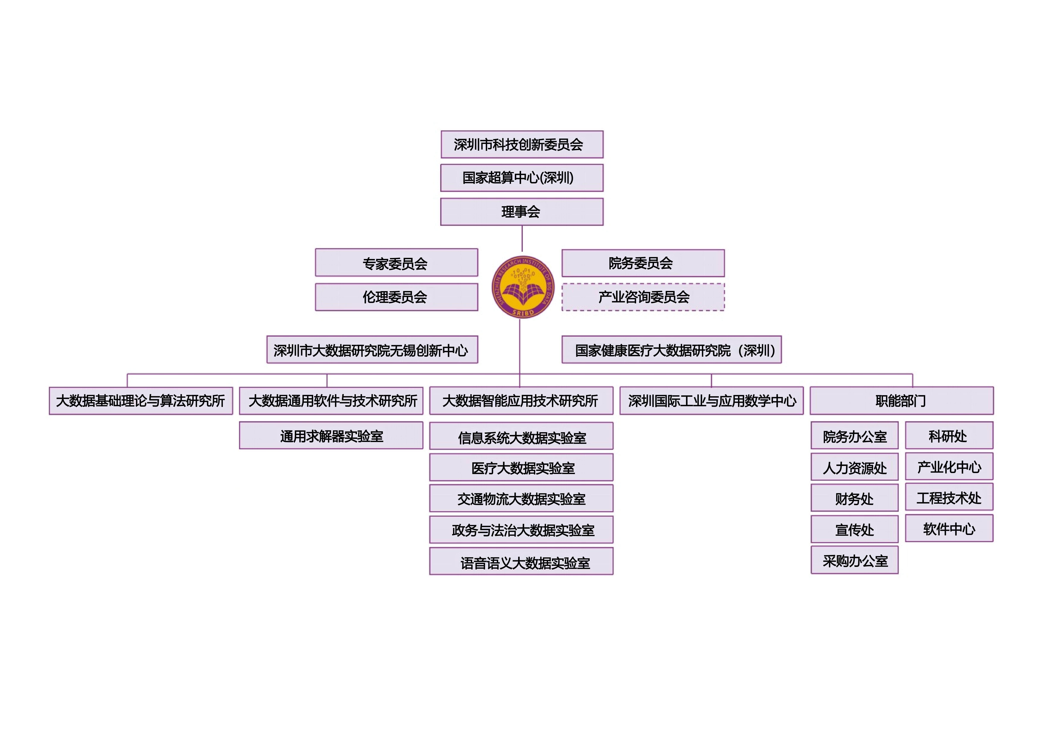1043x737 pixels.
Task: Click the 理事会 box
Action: pyautogui.click(x=522, y=212)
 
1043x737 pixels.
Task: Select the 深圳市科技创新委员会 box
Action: pyautogui.click(x=522, y=144)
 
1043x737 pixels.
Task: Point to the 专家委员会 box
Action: pyautogui.click(x=397, y=263)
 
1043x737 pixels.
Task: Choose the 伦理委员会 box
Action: pyautogui.click(x=397, y=297)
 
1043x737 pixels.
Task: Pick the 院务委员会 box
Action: pyautogui.click(x=643, y=263)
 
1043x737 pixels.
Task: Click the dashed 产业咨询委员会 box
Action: pyautogui.click(x=643, y=297)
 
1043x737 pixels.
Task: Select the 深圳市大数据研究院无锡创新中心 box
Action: pyautogui.click(x=372, y=350)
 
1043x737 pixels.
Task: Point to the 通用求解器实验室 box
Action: pyautogui.click(x=331, y=435)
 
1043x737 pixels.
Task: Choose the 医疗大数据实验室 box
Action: pyautogui.click(x=521, y=467)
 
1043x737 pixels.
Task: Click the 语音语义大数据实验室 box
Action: pyautogui.click(x=521, y=561)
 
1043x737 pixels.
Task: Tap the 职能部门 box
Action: pyautogui.click(x=902, y=401)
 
